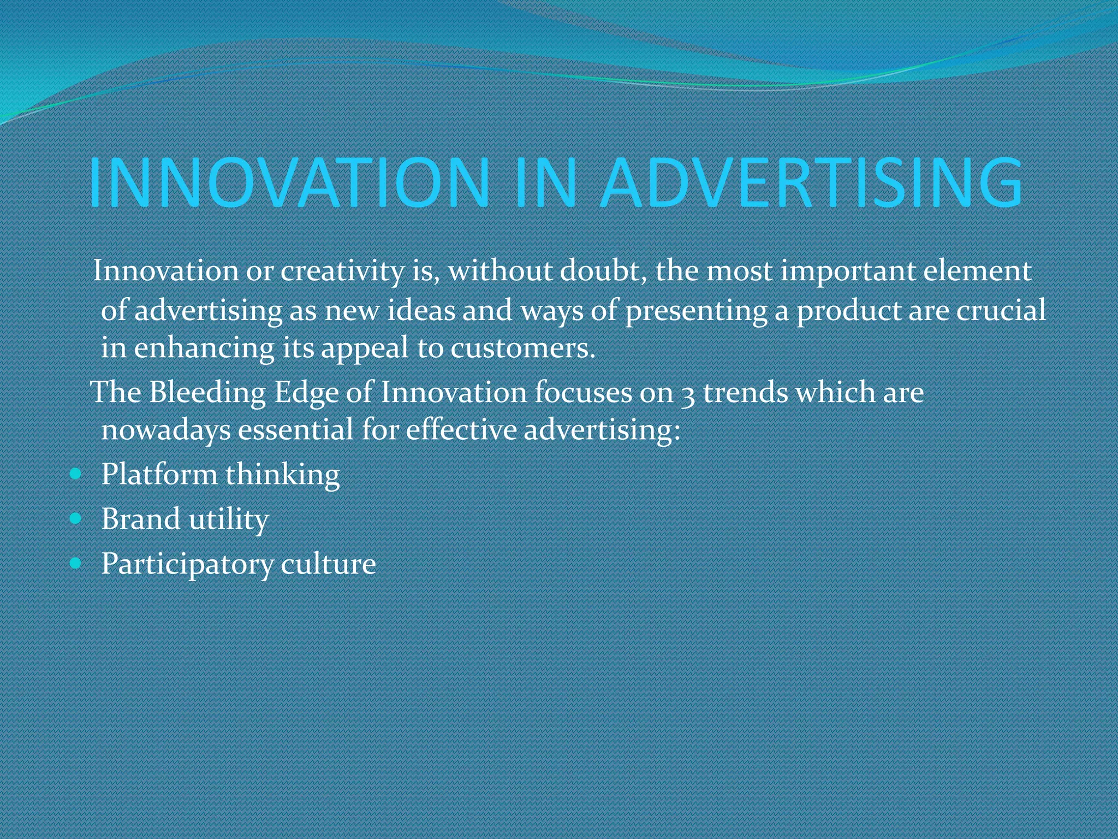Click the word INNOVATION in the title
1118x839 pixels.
coord(289,183)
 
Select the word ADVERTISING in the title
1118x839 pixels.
coord(812,183)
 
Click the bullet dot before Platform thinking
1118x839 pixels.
coord(76,473)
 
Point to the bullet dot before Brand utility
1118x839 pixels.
coord(76,518)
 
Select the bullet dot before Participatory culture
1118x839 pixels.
coord(76,562)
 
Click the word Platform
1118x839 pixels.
coord(159,474)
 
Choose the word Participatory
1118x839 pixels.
coord(187,564)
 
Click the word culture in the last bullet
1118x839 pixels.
coord(328,563)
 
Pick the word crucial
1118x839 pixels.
coord(1001,310)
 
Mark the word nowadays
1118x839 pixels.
coord(166,430)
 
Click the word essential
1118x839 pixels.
coord(295,429)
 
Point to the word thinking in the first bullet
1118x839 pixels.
coord(282,474)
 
